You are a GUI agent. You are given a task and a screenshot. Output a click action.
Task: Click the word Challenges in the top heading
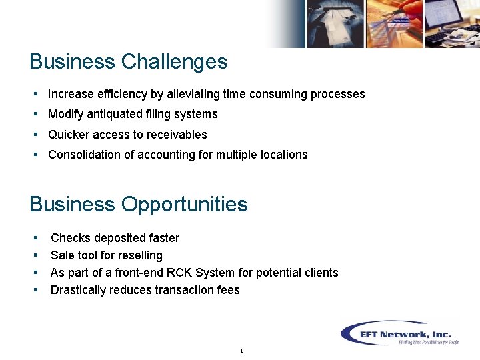(174, 62)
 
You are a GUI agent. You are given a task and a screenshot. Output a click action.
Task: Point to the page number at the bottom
(241, 351)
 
